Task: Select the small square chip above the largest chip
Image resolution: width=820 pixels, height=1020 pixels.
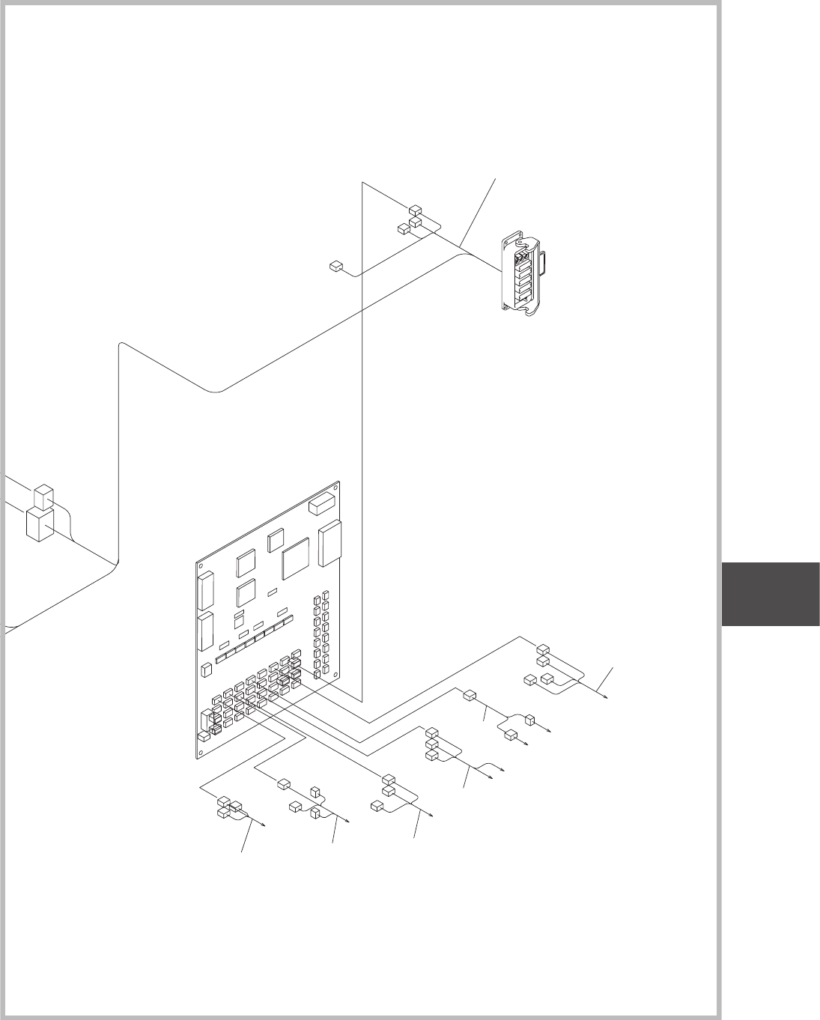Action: [276, 538]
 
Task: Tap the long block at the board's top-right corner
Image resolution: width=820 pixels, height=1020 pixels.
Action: [323, 505]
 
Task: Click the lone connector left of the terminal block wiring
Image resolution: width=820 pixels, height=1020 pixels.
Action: [335, 265]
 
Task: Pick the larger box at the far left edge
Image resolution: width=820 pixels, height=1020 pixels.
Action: [38, 524]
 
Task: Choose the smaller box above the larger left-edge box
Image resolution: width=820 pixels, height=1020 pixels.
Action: [44, 496]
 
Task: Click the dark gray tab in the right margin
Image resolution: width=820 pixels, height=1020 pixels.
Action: [771, 593]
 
